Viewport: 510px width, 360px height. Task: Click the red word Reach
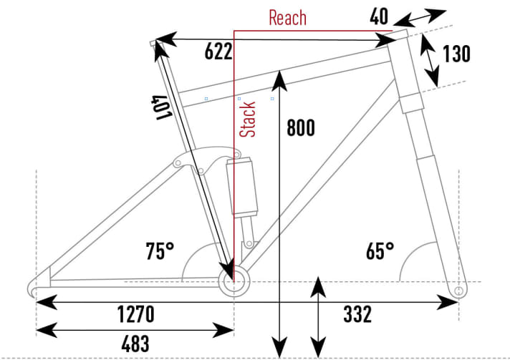(x=287, y=17)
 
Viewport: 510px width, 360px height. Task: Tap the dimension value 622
(x=218, y=52)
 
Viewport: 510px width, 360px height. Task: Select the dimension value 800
(x=301, y=128)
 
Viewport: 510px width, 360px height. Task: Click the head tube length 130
(x=456, y=54)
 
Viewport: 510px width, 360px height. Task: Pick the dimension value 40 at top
(x=379, y=16)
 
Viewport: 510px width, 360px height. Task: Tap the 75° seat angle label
(x=159, y=251)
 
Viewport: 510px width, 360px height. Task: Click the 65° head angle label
(x=380, y=251)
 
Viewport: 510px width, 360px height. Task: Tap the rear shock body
(x=241, y=188)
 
